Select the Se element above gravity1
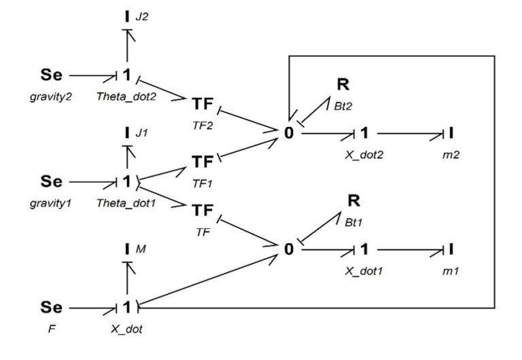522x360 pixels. pyautogui.click(x=51, y=181)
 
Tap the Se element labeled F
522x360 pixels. pyautogui.click(x=51, y=308)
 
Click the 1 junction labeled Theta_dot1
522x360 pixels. pyautogui.click(x=126, y=181)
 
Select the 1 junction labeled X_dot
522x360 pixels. pyautogui.click(x=126, y=308)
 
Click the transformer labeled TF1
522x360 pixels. pyautogui.click(x=203, y=162)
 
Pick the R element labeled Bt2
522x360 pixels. pyautogui.click(x=344, y=84)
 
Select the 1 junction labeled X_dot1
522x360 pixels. pyautogui.click(x=365, y=249)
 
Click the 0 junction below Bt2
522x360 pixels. pyautogui.click(x=290, y=133)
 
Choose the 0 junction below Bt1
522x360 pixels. pyautogui.click(x=290, y=249)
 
